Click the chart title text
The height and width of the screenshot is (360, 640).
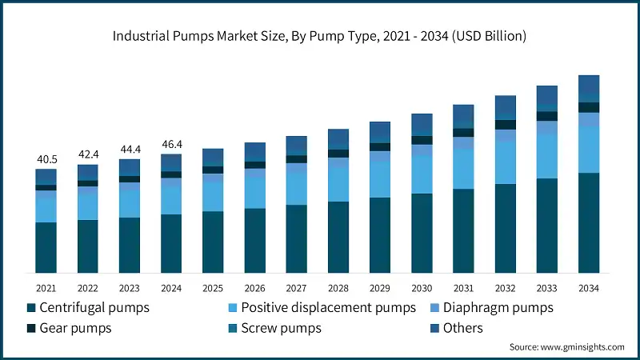[x=319, y=36]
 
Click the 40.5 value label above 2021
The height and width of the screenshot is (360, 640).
[x=46, y=159]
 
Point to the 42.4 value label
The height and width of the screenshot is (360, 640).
[x=87, y=154]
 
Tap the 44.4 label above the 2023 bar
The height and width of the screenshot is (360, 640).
[x=129, y=149]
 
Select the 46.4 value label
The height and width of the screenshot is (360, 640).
[x=170, y=144]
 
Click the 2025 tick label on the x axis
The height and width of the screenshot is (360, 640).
[x=212, y=288]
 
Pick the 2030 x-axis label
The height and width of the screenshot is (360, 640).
[x=421, y=288]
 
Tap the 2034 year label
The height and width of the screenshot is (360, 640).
[x=588, y=288]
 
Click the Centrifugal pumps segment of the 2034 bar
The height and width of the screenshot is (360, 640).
[x=588, y=223]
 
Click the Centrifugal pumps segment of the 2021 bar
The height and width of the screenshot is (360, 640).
[x=46, y=248]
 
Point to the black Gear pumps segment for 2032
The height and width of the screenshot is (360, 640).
[x=505, y=125]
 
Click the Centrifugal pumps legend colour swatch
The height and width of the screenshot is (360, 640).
[x=31, y=307]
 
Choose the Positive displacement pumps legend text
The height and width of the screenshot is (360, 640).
[x=329, y=307]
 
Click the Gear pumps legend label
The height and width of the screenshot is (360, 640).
[x=77, y=328]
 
